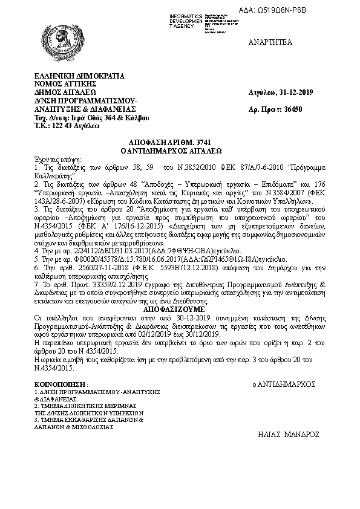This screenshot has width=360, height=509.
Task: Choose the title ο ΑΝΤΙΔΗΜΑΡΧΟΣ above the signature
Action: click(x=284, y=384)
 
